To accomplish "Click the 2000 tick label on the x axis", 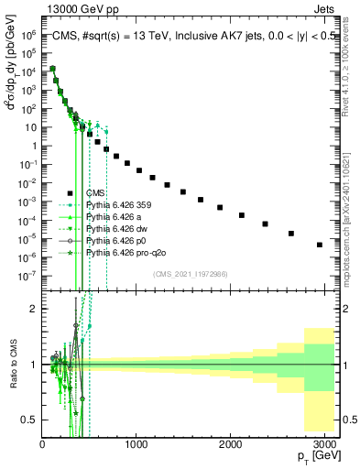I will (230, 445).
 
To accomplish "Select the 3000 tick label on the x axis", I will (325, 445).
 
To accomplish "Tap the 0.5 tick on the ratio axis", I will (31, 420).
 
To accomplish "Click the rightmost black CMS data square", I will (319, 245).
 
